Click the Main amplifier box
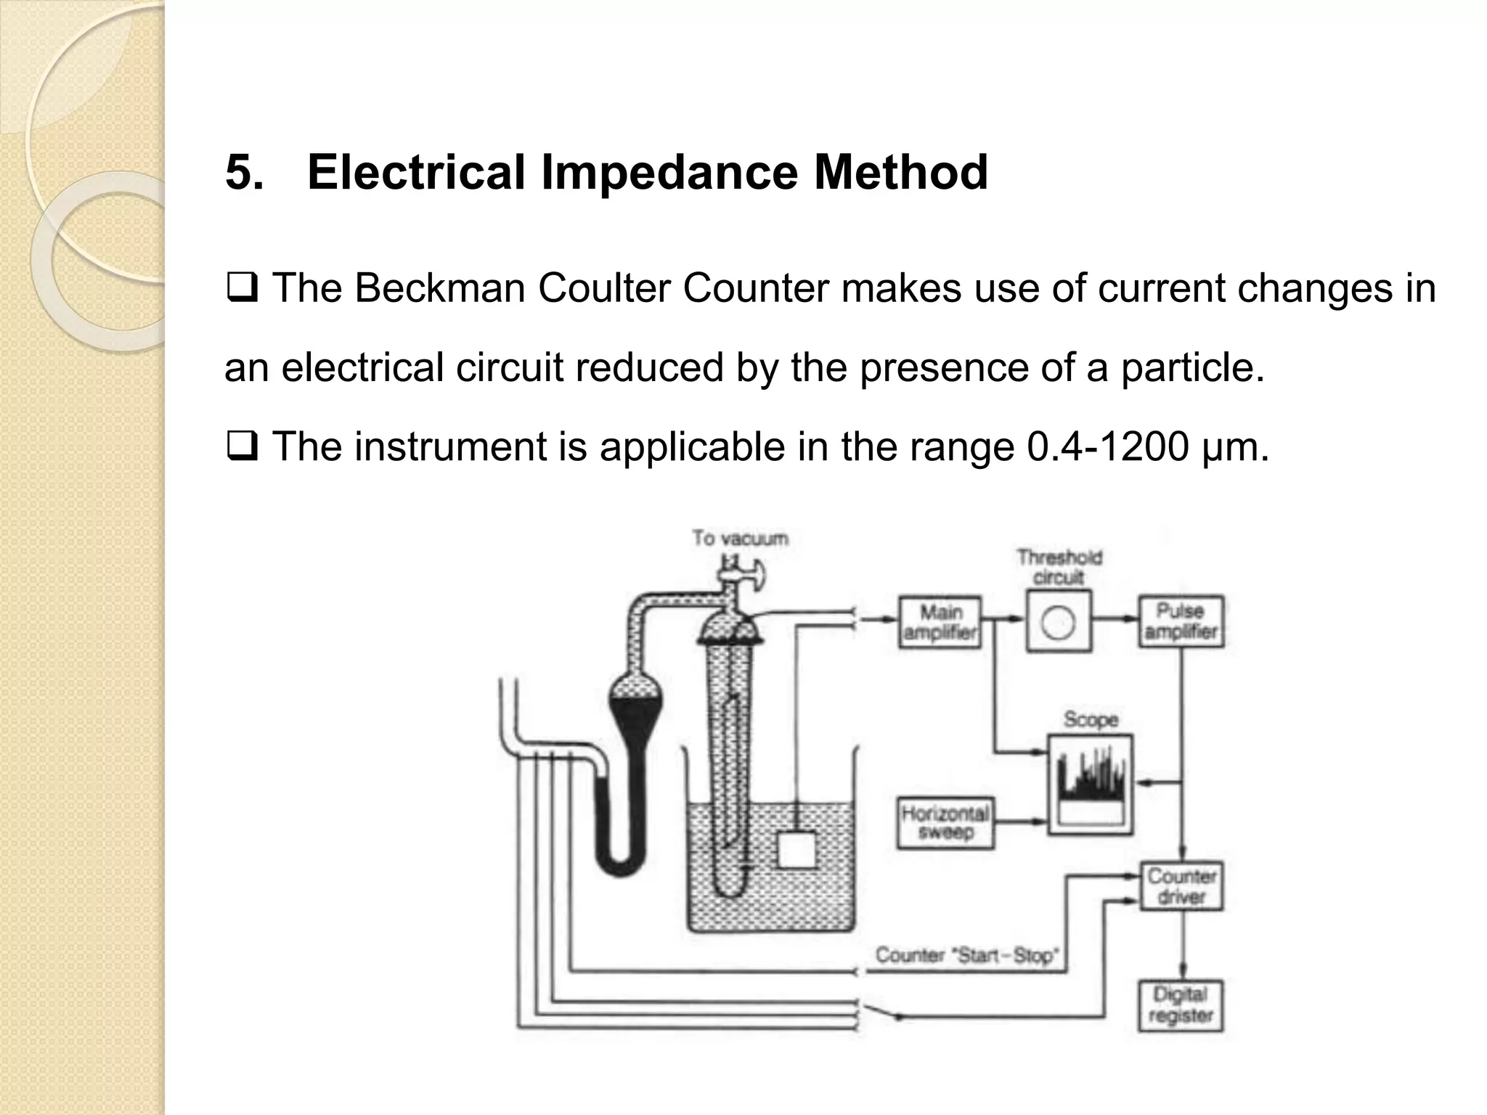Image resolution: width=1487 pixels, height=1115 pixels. (940, 622)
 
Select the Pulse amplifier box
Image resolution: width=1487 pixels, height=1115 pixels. (1180, 621)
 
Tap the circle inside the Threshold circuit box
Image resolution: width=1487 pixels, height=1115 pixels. (1058, 623)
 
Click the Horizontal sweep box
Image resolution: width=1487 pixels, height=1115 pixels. (945, 822)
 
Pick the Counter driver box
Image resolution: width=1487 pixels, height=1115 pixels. (1181, 886)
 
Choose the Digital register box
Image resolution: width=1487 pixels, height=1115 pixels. (1181, 1005)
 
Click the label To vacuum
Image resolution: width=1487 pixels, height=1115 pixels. (740, 539)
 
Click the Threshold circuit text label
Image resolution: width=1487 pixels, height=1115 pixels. (1059, 567)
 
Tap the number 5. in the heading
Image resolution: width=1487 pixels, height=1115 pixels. (244, 173)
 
